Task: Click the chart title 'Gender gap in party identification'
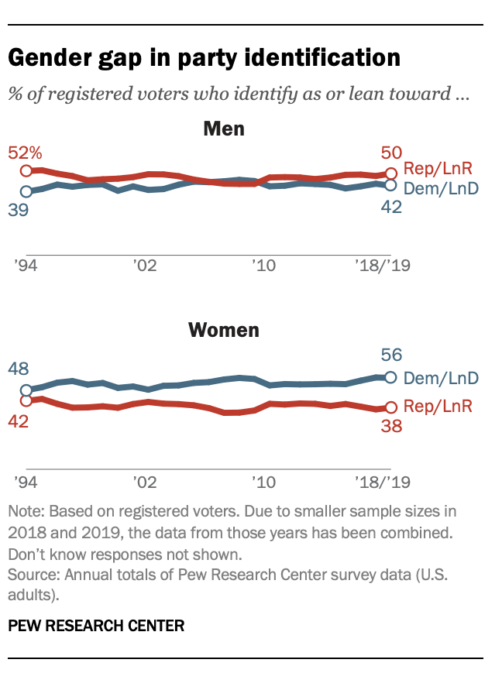click(x=205, y=59)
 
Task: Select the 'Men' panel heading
click(x=223, y=129)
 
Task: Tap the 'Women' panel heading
click(x=223, y=331)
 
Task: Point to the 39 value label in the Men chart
click(x=19, y=210)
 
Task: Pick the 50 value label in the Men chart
click(x=390, y=153)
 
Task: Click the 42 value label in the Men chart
click(x=390, y=208)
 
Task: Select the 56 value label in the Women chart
click(x=390, y=355)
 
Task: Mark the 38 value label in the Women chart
click(x=390, y=426)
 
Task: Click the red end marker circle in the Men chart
click(x=391, y=173)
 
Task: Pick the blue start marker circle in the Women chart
click(x=26, y=390)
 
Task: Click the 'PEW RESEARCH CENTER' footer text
click(x=96, y=626)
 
